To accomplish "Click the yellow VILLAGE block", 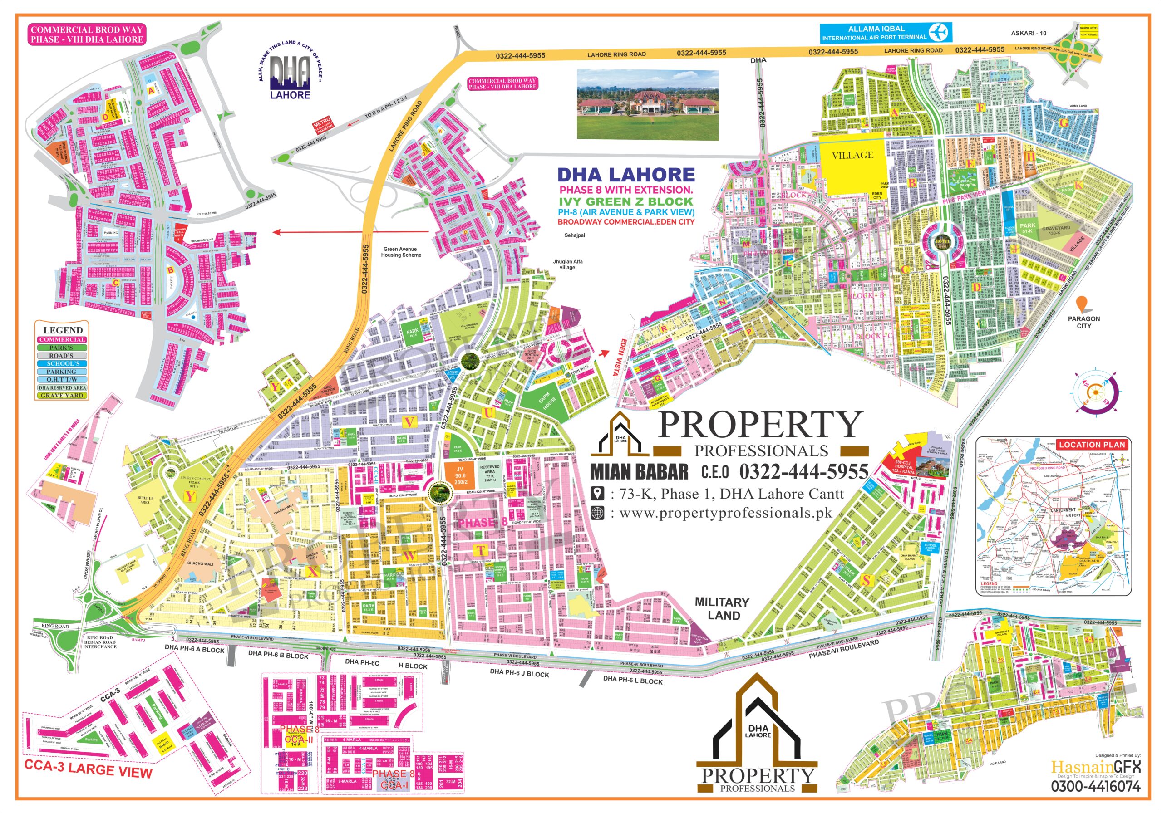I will (x=853, y=155).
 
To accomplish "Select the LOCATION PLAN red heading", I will (x=1092, y=444).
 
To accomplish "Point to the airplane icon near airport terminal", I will (x=941, y=32).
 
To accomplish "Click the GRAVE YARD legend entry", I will (x=62, y=396).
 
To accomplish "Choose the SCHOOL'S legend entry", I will (x=62, y=364).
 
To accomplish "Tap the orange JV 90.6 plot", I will (x=460, y=475).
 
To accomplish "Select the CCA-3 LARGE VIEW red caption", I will (x=88, y=769).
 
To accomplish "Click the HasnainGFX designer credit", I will (x=1095, y=767).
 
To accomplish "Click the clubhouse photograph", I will (x=648, y=104).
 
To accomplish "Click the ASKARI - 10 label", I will (x=1029, y=34).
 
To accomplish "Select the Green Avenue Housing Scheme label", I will (x=400, y=252).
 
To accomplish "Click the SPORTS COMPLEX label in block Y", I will (x=188, y=478).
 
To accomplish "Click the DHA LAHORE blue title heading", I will (x=626, y=175).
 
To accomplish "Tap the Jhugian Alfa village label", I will (x=567, y=264).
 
